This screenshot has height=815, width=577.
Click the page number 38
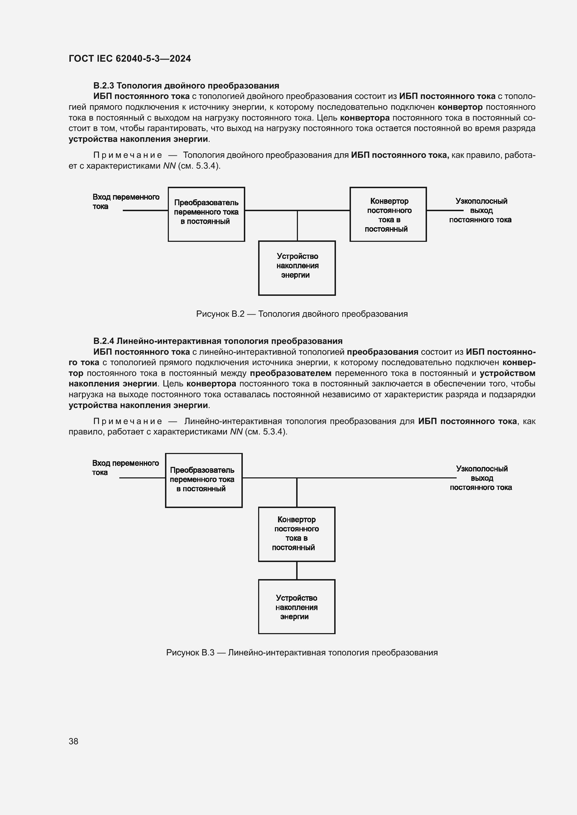[x=74, y=741]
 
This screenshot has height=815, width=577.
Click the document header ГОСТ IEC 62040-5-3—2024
[x=130, y=59]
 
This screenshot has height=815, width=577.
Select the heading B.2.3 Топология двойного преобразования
[x=186, y=86]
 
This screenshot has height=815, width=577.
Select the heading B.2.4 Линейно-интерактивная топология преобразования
[x=218, y=341]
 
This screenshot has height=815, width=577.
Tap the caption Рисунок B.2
[x=302, y=314]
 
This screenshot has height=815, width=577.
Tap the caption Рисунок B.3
[x=302, y=652]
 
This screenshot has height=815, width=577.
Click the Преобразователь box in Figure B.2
[x=207, y=214]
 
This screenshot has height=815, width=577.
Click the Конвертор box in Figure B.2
[x=388, y=214]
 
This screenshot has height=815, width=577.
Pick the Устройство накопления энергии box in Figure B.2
[x=297, y=268]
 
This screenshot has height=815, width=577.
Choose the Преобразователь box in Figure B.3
[x=204, y=480]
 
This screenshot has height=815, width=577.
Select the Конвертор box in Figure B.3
[x=297, y=534]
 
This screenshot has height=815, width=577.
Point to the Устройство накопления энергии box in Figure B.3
[x=297, y=607]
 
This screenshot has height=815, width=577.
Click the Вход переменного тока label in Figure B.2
[x=126, y=201]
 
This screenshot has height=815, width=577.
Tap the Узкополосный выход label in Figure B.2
[x=480, y=210]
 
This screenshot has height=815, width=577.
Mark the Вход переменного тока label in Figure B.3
[x=125, y=468]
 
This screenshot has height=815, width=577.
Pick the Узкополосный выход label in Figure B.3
[x=481, y=478]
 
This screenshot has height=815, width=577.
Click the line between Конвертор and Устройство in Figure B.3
[x=297, y=570]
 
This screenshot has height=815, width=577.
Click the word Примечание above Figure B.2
[x=128, y=155]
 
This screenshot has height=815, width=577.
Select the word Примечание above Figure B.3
[x=128, y=421]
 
